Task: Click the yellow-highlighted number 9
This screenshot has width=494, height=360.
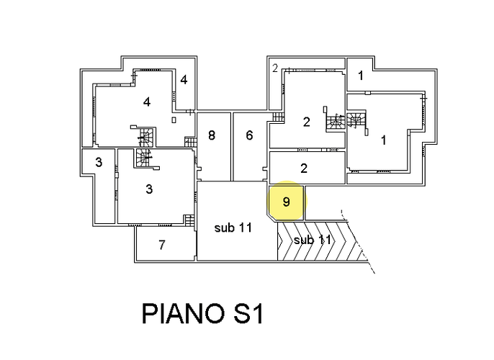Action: point(287,202)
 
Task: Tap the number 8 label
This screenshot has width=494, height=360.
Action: point(212,135)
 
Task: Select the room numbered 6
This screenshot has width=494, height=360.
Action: point(249,135)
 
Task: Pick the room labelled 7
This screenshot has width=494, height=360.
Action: point(162,245)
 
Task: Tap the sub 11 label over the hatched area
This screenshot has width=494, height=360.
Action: point(313,240)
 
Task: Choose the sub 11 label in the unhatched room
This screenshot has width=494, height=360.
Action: point(233,228)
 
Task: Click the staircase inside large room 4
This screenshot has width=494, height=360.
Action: point(146,136)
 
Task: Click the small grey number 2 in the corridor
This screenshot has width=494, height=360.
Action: point(275,69)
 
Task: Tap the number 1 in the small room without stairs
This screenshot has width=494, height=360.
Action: point(361,75)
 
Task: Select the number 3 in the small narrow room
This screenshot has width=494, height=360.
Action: point(99,163)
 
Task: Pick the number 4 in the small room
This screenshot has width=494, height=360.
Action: point(184,80)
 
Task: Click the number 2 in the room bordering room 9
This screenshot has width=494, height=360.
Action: point(304,168)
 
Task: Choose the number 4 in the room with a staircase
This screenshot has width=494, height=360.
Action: point(147,102)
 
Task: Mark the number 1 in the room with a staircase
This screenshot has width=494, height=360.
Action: point(383,140)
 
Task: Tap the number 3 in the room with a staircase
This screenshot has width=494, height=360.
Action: point(149,190)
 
